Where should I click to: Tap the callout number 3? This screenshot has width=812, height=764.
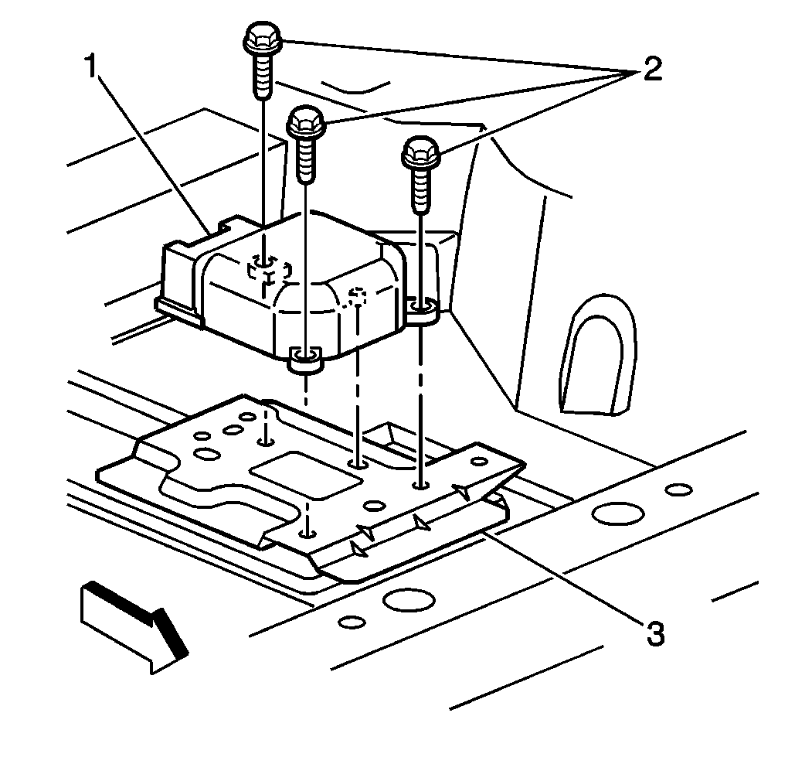tap(654, 633)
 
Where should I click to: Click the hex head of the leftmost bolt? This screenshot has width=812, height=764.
tap(263, 37)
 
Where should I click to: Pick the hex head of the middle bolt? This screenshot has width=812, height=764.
tap(307, 121)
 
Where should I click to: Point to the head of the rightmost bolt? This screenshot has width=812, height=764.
tap(420, 151)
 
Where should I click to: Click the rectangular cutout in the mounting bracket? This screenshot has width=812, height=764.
tap(307, 478)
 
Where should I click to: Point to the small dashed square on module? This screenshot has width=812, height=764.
tap(358, 295)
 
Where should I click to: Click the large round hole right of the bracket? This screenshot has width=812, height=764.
tap(617, 513)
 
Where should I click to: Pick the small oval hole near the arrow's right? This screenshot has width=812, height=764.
tap(352, 622)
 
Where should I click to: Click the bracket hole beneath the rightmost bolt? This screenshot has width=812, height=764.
tap(420, 485)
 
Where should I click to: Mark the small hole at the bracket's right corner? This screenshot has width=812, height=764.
tap(479, 462)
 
